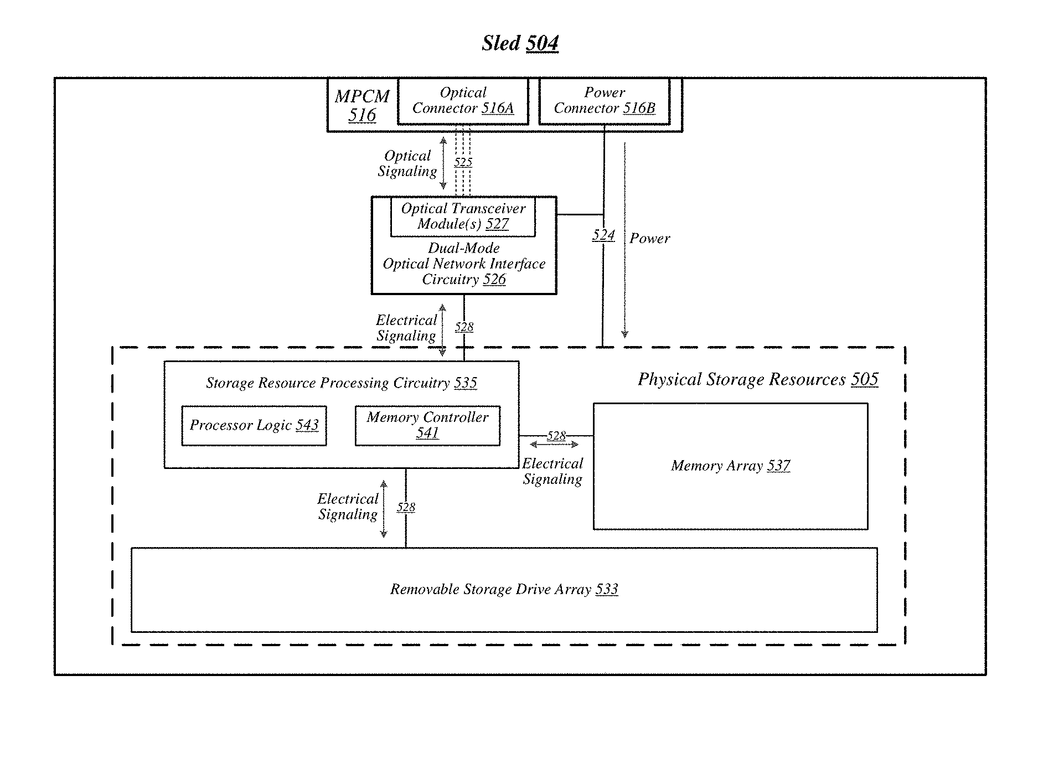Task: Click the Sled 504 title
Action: pos(520,43)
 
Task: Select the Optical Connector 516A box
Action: pos(463,101)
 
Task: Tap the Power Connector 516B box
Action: pos(604,101)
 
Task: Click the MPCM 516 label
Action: pos(362,105)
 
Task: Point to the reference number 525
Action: pos(463,162)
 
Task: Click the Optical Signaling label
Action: pos(407,163)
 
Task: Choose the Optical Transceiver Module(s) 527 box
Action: pos(463,216)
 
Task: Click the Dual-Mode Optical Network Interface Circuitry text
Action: pos(464,264)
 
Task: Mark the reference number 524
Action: pos(603,235)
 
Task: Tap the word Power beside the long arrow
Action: pos(650,239)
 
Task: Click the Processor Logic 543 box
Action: pos(254,426)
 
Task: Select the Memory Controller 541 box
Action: pos(427,426)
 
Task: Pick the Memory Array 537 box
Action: pos(730,466)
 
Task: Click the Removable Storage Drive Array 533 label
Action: pos(504,589)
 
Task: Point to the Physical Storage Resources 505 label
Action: pos(758,379)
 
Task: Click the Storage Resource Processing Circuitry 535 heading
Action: pos(342,383)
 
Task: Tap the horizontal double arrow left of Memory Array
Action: pos(554,444)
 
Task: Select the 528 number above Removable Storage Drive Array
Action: pos(406,507)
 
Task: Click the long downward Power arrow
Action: pos(625,240)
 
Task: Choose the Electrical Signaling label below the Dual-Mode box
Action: pos(407,328)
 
